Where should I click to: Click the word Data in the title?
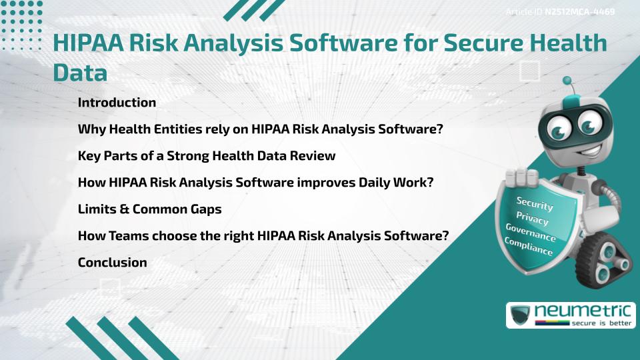click(x=80, y=73)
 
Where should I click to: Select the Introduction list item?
click(x=117, y=103)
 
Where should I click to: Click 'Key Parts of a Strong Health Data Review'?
click(x=206, y=156)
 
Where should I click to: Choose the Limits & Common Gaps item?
click(x=149, y=209)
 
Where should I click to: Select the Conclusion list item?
click(x=112, y=263)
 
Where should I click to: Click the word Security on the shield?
click(x=535, y=204)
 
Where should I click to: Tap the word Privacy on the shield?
click(x=532, y=219)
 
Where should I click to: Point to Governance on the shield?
click(x=531, y=233)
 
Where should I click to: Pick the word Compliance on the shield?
click(x=528, y=247)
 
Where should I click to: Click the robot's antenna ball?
click(x=567, y=81)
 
